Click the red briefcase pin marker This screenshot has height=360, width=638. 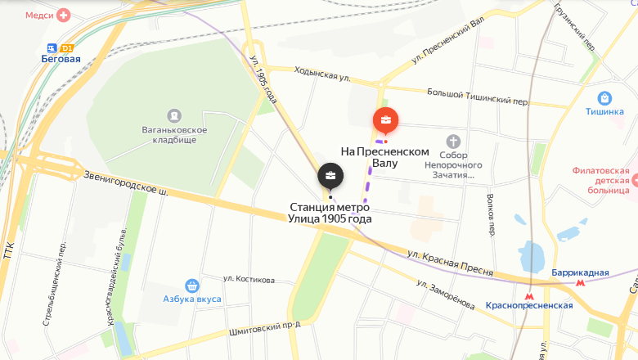tap(386, 121)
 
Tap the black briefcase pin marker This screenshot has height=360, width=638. tap(330, 175)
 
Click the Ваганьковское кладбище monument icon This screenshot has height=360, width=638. tap(173, 115)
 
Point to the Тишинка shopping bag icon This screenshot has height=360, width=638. tap(604, 98)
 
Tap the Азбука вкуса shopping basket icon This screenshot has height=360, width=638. tap(192, 286)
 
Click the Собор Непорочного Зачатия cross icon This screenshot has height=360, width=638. tap(454, 141)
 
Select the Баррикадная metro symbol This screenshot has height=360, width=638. tap(581, 281)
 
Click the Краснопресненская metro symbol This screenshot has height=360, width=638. tap(529, 291)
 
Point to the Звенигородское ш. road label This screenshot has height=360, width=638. tap(126, 183)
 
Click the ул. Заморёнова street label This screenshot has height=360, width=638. tap(444, 295)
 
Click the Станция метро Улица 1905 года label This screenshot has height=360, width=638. tap(330, 213)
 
